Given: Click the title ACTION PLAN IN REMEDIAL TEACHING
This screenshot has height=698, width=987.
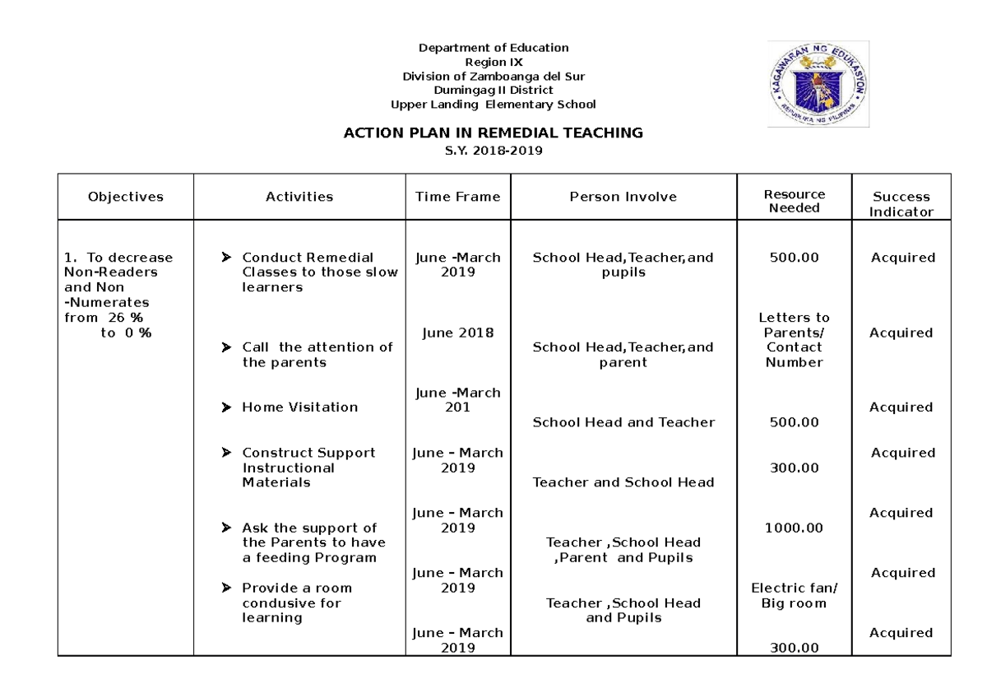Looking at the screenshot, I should tap(493, 133).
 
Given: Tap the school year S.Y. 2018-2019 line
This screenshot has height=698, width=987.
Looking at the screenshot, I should tap(493, 151).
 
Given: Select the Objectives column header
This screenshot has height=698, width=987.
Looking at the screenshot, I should tap(126, 197).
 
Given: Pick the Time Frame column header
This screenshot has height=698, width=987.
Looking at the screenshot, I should tap(457, 197).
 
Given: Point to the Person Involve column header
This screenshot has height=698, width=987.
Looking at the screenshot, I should tap(623, 197).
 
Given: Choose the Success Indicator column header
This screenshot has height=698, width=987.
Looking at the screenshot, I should tap(901, 204).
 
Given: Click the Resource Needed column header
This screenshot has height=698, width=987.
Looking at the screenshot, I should tap(794, 201).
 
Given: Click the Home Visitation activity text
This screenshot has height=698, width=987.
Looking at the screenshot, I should tap(299, 407).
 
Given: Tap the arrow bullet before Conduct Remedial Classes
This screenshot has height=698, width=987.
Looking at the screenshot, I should tap(226, 258).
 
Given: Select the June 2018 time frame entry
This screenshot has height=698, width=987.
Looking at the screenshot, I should tap(457, 333).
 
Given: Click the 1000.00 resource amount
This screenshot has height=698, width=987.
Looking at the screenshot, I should tap(794, 528).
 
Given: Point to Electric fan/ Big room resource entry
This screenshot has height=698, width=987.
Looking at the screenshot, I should tap(794, 596).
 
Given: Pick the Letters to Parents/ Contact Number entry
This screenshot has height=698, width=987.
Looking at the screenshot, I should tap(794, 340).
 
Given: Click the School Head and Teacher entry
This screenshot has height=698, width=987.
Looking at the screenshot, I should tap(623, 422).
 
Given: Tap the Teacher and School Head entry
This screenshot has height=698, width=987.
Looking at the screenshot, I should tap(623, 482).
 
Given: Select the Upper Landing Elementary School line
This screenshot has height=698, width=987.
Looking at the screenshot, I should tap(493, 104).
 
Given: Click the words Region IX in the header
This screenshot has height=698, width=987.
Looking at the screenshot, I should tap(493, 62).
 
